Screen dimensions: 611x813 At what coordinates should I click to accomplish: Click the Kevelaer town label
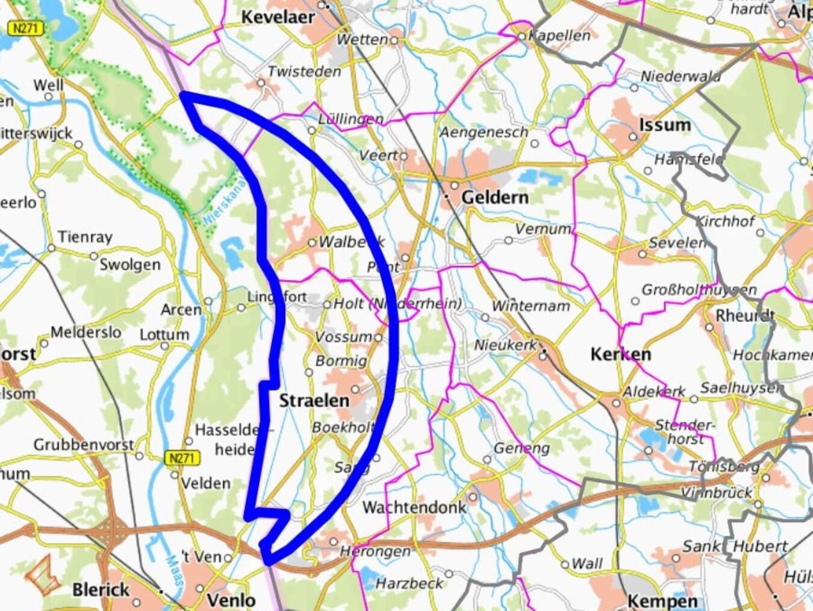click(x=278, y=17)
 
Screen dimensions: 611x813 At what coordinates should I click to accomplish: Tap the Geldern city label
click(x=494, y=197)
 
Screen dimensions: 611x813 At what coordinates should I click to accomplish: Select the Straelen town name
click(x=314, y=400)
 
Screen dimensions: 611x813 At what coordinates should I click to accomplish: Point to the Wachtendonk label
click(x=414, y=507)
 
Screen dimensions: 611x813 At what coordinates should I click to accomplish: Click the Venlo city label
click(x=231, y=600)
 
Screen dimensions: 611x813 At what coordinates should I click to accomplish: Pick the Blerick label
click(x=101, y=589)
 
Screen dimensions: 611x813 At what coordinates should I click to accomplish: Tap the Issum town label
click(x=664, y=125)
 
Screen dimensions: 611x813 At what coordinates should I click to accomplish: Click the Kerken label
click(x=620, y=354)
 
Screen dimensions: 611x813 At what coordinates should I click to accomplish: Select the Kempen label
click(x=662, y=601)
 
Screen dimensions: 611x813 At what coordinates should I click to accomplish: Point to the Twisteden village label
click(x=304, y=71)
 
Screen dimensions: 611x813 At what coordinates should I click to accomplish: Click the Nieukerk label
click(x=505, y=345)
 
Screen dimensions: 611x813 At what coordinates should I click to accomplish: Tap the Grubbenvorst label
click(x=83, y=445)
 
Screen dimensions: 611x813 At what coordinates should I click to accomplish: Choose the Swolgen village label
click(x=130, y=265)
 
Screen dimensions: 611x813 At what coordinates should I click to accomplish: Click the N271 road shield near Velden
click(x=181, y=458)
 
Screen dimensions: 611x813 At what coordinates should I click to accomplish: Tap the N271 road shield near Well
click(x=26, y=28)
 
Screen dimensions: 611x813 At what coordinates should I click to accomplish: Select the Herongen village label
click(x=375, y=551)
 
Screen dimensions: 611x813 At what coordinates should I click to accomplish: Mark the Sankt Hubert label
click(x=734, y=547)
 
